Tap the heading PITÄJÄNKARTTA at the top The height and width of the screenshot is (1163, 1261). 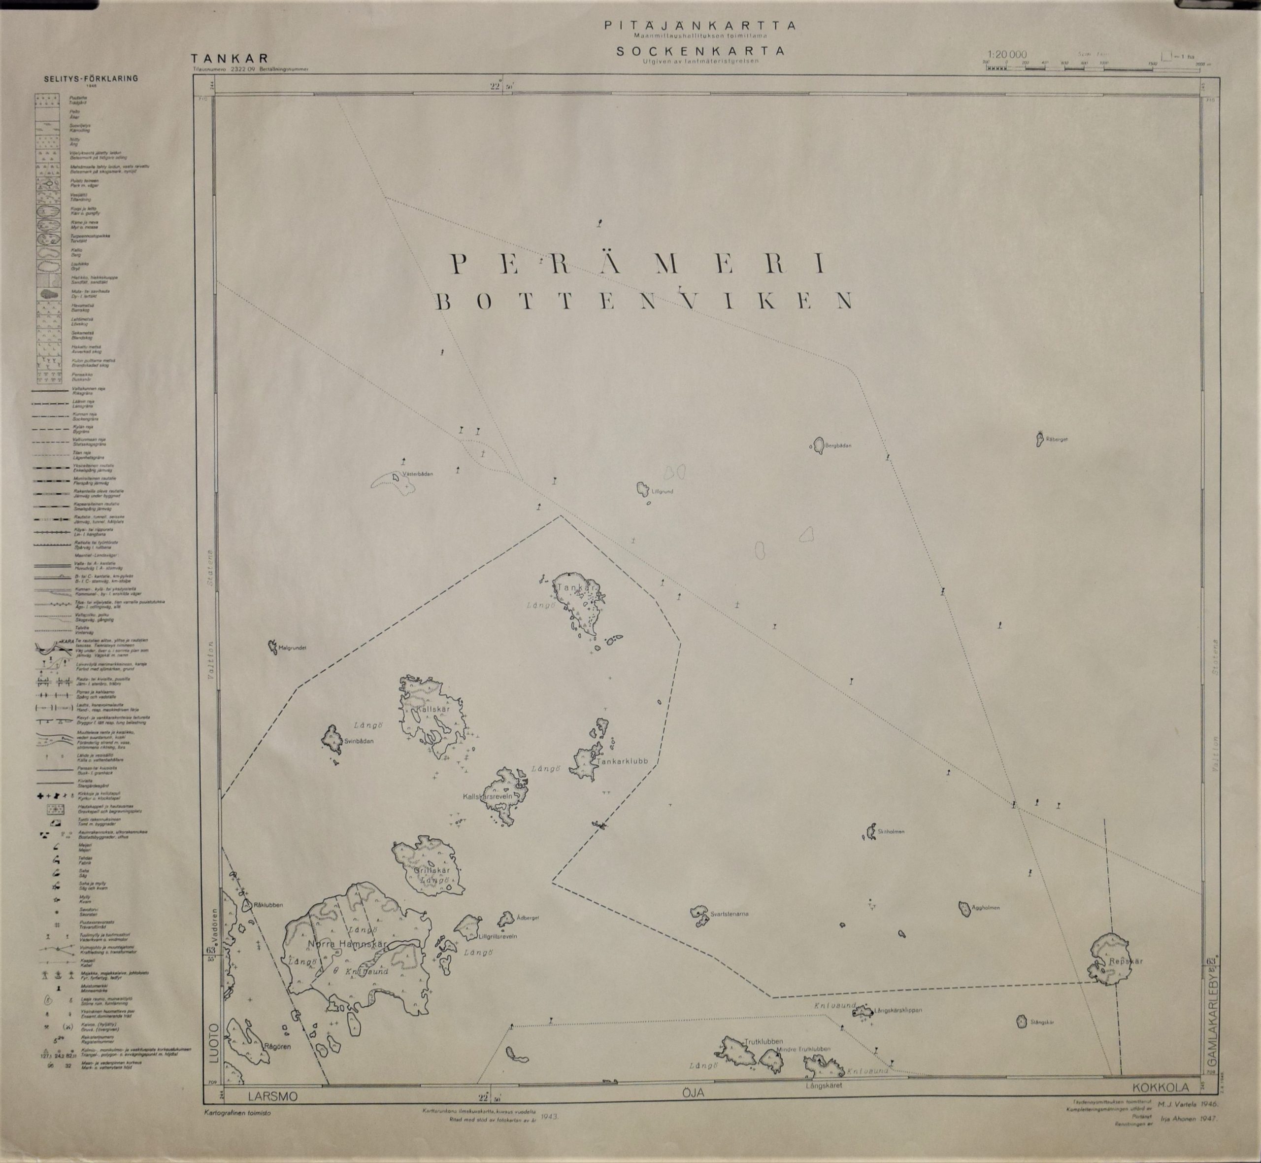coord(699,26)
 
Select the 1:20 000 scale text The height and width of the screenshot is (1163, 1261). coord(1007,55)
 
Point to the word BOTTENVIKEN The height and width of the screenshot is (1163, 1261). coord(644,302)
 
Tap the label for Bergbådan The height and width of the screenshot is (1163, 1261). coord(838,445)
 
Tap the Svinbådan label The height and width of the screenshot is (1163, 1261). coord(359,741)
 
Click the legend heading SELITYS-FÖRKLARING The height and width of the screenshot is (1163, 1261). coord(91,79)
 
